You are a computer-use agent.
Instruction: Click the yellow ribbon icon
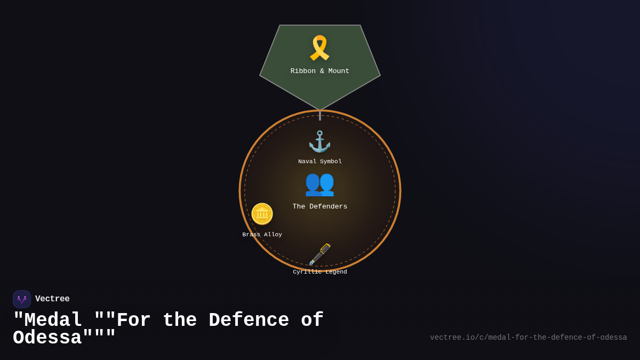click(x=319, y=48)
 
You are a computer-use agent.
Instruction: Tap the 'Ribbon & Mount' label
click(x=320, y=71)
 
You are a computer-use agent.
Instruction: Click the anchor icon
click(x=319, y=142)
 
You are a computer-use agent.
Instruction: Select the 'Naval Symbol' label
click(x=320, y=162)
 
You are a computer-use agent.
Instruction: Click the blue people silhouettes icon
click(x=319, y=183)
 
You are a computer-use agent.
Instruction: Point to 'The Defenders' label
click(x=320, y=207)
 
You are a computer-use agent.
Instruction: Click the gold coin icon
click(x=262, y=214)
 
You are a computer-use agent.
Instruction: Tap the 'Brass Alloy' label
click(x=262, y=235)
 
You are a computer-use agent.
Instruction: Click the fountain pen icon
click(x=319, y=254)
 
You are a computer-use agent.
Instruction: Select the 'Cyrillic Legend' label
click(x=320, y=272)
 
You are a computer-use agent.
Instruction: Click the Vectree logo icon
click(x=22, y=299)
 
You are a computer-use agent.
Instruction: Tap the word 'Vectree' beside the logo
click(x=52, y=299)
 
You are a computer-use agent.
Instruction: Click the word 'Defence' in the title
click(x=249, y=321)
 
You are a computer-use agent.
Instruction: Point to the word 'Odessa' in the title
click(x=47, y=338)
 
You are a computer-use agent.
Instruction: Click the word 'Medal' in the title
click(x=53, y=321)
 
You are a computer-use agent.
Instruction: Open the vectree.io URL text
click(x=528, y=338)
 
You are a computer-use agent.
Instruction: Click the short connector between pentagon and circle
click(x=320, y=115)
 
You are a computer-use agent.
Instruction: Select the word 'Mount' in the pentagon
click(x=338, y=71)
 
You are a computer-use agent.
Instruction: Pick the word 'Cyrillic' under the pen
click(x=307, y=272)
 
